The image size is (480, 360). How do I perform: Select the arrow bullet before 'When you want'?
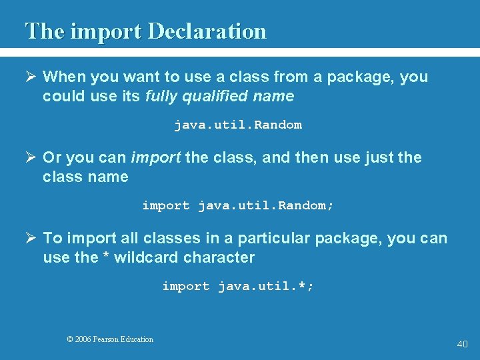tap(31, 77)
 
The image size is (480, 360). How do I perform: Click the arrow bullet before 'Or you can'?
tap(31, 158)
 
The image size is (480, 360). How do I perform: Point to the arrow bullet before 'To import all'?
tap(31, 239)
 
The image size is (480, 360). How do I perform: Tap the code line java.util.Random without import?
tap(238, 125)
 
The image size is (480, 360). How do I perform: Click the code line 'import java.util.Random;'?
tap(238, 205)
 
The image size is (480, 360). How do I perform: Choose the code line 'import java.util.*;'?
tap(238, 286)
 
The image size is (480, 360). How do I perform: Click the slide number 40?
tap(462, 344)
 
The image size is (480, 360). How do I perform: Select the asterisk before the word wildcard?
tap(105, 257)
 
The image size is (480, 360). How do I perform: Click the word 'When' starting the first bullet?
tap(62, 77)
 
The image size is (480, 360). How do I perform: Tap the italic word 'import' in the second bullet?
tap(155, 158)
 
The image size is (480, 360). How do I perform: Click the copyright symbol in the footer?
tap(70, 339)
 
